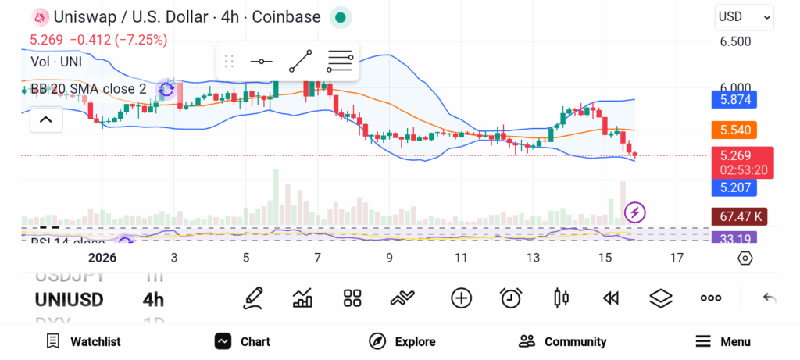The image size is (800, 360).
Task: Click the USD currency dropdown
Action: coord(744,16)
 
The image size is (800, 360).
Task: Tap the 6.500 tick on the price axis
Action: coord(735,41)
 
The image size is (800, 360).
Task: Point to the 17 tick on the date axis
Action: coord(677,258)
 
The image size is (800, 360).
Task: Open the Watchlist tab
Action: coord(84,341)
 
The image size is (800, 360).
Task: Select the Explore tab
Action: coord(402,341)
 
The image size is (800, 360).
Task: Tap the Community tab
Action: coord(562,341)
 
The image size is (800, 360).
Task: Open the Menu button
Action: coord(723,341)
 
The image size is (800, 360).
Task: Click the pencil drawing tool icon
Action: coord(253,298)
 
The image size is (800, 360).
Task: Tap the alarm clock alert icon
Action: coord(511,298)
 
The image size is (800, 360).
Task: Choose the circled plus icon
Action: coord(462,298)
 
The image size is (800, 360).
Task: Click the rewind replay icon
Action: coord(611,298)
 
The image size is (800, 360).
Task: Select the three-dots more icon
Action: coord(711,298)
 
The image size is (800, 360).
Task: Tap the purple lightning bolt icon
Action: coord(635,212)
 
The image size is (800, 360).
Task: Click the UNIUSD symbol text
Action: coord(69,299)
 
